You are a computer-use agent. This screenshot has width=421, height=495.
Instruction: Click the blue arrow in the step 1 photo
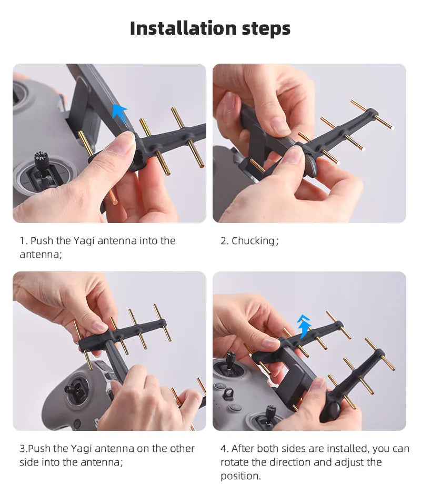(x=120, y=112)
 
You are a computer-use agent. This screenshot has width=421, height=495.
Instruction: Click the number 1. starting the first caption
(x=24, y=241)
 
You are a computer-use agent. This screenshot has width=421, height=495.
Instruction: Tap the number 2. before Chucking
(x=225, y=241)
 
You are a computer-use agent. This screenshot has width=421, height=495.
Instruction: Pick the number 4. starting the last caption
(x=225, y=449)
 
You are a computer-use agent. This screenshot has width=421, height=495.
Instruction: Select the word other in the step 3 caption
(x=182, y=449)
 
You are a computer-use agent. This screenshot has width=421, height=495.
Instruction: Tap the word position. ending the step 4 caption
(x=240, y=476)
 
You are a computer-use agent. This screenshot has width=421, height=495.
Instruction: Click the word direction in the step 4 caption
(x=295, y=462)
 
